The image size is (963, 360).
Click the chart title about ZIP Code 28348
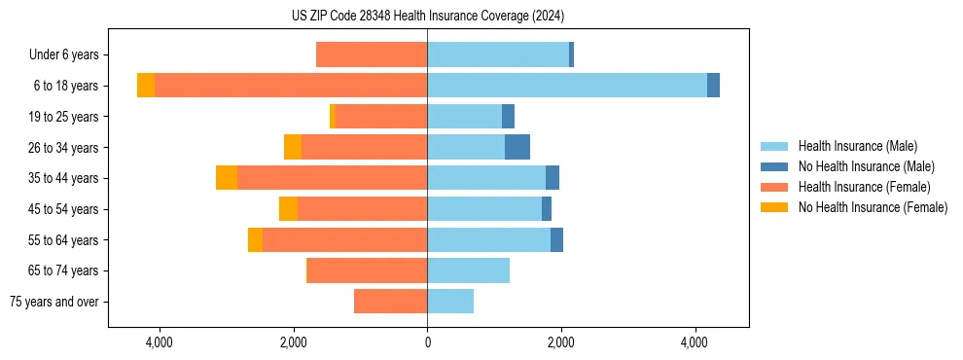(x=427, y=16)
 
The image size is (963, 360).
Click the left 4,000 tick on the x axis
(x=159, y=342)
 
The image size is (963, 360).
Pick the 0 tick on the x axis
(x=427, y=342)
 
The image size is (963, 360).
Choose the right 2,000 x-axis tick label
(x=560, y=342)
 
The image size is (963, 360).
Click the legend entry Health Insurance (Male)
(x=857, y=146)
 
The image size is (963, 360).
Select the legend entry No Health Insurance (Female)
(x=873, y=207)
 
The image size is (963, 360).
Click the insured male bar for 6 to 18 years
(x=566, y=86)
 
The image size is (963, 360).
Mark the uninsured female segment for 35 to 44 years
(x=227, y=178)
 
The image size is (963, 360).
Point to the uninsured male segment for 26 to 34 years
(x=517, y=147)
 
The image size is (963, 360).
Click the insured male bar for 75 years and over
(x=450, y=302)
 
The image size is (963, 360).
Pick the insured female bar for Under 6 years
(x=372, y=55)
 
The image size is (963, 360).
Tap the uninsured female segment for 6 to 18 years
(x=146, y=86)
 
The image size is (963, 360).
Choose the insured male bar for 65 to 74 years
(x=468, y=270)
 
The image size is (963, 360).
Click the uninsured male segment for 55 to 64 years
(x=556, y=240)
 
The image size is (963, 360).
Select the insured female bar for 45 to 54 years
(x=362, y=209)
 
